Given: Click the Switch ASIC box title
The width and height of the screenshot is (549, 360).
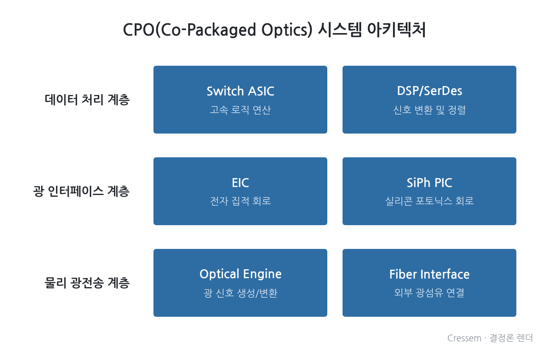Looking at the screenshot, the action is click(240, 91).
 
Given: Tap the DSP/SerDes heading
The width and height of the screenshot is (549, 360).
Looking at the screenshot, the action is click(429, 91).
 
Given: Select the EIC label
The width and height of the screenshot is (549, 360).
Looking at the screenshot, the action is click(240, 183).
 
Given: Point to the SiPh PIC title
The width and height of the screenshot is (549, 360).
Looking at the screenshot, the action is click(429, 183).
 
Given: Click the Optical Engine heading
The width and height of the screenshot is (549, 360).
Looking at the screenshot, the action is click(240, 274).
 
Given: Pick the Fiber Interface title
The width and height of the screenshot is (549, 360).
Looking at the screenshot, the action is click(429, 274).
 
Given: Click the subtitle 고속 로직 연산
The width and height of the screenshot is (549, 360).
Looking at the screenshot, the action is click(240, 110).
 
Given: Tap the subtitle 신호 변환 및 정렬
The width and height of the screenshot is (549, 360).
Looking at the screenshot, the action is click(429, 110).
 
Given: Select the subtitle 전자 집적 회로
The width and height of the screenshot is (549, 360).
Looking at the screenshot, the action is click(240, 201).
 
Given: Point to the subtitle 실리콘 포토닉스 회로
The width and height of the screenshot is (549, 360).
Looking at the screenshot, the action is click(429, 201).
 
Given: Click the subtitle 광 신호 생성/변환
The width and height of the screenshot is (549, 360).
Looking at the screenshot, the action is click(240, 293).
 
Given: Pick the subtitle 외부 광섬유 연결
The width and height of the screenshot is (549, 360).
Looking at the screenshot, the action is click(429, 293).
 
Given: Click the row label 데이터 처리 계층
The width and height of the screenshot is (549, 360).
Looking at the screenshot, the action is click(87, 100).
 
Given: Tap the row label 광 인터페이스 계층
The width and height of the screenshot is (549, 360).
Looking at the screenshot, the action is click(81, 191).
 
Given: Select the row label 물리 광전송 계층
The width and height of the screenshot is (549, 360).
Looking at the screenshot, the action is click(87, 283).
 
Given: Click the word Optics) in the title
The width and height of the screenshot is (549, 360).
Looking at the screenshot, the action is click(287, 30).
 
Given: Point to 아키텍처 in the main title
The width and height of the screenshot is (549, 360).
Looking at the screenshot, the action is click(396, 30).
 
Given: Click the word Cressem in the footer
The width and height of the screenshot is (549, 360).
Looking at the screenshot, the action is click(464, 338).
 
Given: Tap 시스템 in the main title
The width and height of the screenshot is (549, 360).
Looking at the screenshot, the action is click(340, 30).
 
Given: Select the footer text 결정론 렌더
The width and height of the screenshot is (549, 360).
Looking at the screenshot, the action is click(511, 338).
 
